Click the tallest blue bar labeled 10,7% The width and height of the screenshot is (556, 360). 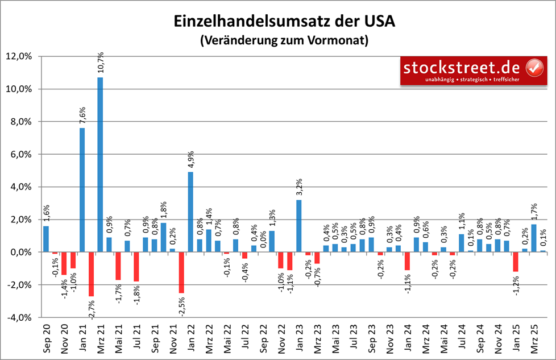click(100, 164)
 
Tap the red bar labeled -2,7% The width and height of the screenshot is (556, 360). click(91, 274)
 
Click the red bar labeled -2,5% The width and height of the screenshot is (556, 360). click(181, 272)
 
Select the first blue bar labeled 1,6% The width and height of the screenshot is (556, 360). click(46, 239)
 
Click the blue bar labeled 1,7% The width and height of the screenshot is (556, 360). click(533, 238)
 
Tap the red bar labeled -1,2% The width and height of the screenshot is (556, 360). click(516, 262)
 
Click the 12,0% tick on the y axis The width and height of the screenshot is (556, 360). click(24, 56)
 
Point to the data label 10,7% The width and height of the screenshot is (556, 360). click(101, 61)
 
